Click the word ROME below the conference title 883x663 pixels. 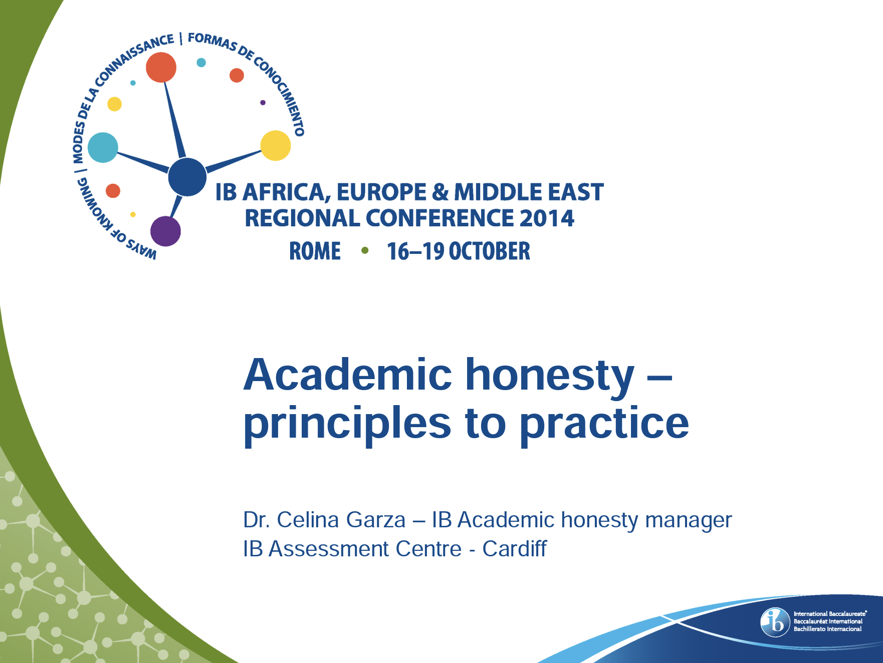point(315,251)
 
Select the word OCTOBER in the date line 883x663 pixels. point(489,251)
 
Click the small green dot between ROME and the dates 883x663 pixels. point(365,250)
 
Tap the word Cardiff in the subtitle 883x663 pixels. point(514,549)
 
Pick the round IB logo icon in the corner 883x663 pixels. point(775,622)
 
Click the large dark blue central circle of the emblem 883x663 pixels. point(187,177)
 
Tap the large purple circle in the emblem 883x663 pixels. point(165,231)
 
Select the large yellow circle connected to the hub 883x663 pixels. point(276,146)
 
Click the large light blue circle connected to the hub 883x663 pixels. point(103,148)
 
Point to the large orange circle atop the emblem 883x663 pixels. point(161,67)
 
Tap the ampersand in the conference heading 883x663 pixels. point(439,192)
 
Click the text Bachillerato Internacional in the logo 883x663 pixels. point(827,629)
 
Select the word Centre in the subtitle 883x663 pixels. point(428,549)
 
